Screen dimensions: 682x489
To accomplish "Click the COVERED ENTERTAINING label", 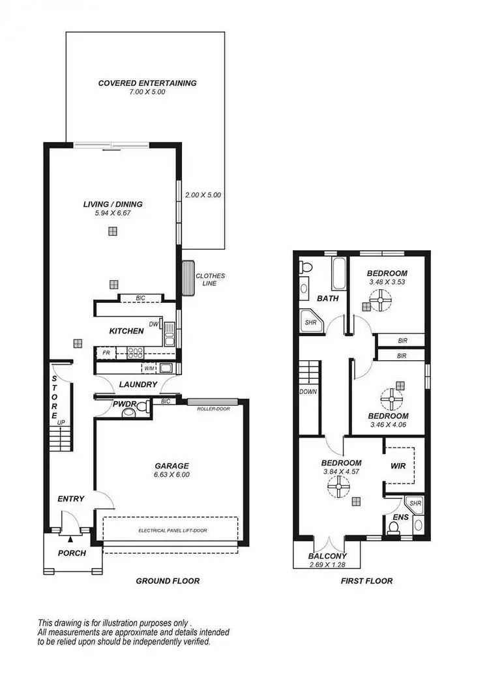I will pos(147,83).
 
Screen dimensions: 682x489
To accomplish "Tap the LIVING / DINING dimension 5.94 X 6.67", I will pos(113,213).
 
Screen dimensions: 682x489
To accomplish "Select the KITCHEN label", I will pos(126,331).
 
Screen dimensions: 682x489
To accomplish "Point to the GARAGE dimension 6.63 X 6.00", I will pos(171,475).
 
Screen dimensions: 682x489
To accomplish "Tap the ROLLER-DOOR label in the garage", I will pos(213,408).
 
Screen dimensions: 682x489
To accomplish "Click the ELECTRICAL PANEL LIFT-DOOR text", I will pos(172,531).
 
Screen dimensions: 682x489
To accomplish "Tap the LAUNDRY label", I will pos(138,384).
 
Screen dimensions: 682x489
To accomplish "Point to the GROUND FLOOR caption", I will pos(168,580).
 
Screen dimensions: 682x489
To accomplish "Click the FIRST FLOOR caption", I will pos(366,580).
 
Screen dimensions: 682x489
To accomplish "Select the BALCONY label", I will pos(328,556).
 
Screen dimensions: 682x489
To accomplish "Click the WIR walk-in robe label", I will pos(398,466).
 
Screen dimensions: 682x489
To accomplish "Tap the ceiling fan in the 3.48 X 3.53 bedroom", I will pos(378,301).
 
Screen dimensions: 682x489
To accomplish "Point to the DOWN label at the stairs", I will pos(308,392).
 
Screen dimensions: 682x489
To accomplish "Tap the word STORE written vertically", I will pos(55,397).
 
